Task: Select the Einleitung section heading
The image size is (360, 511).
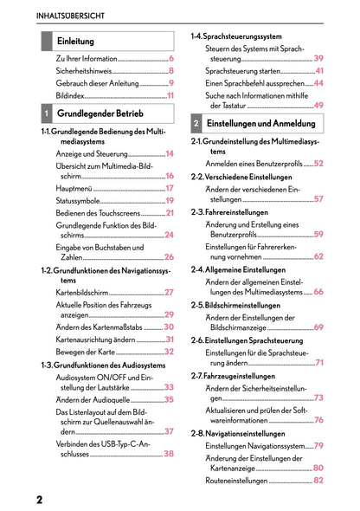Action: (x=76, y=41)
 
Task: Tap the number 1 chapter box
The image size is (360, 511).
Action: (x=46, y=113)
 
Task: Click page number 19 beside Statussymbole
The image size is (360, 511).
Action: (x=170, y=200)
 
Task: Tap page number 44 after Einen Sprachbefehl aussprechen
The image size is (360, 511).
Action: (x=318, y=82)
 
